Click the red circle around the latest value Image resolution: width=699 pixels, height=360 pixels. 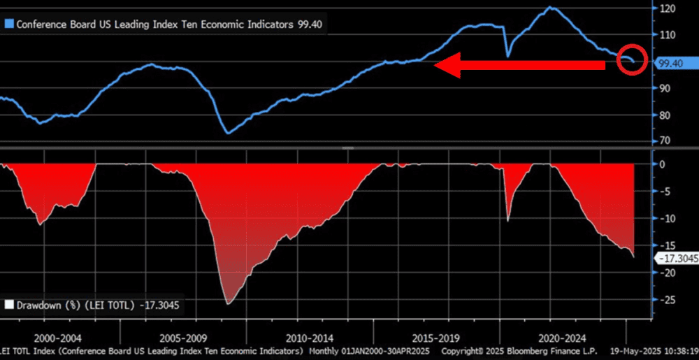[632, 62]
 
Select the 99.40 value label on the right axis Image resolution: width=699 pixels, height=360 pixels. [670, 63]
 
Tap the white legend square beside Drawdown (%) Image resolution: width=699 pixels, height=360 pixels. [8, 304]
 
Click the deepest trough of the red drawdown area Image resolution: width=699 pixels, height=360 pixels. [228, 303]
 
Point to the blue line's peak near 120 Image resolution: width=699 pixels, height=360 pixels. [551, 8]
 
